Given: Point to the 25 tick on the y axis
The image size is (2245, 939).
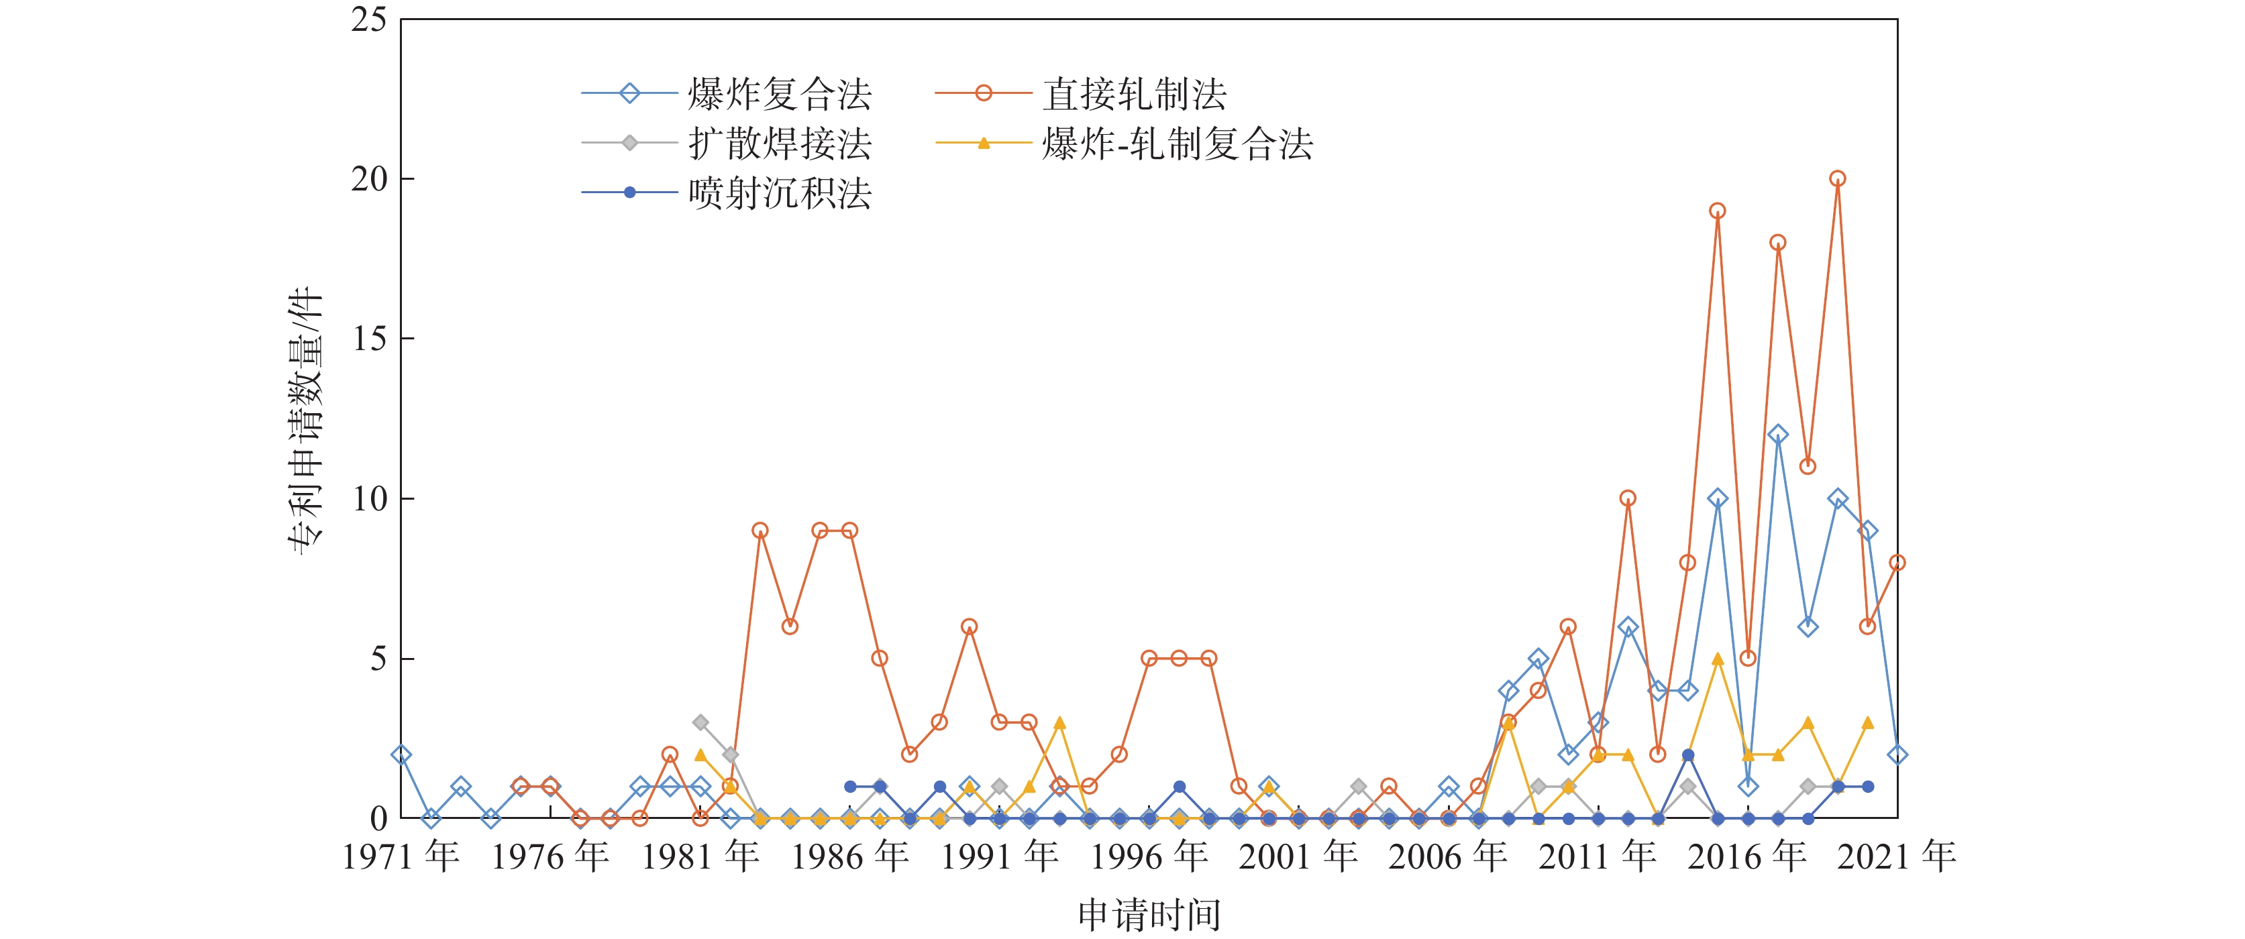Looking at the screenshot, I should pyautogui.click(x=370, y=19).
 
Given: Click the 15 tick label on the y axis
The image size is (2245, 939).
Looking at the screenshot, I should pyautogui.click(x=370, y=339).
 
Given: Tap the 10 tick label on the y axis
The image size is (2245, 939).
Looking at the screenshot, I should pyautogui.click(x=370, y=499).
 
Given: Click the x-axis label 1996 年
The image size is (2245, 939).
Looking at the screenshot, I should pyautogui.click(x=1149, y=857).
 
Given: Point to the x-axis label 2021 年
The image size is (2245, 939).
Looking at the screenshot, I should pyautogui.click(x=1896, y=857).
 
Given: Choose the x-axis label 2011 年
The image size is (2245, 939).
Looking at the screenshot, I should pyautogui.click(x=1598, y=857).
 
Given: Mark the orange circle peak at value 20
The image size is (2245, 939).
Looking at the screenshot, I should pyautogui.click(x=1837, y=178).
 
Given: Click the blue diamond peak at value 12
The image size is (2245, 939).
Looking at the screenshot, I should pyautogui.click(x=1778, y=435).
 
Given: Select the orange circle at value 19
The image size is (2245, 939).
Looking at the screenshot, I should pyautogui.click(x=1718, y=211).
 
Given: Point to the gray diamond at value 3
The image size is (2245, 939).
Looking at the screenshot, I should pyautogui.click(x=700, y=723).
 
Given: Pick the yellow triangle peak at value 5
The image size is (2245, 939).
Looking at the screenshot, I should pyautogui.click(x=1718, y=659).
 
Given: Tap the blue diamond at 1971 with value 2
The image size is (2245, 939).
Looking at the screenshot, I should pyautogui.click(x=401, y=755).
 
